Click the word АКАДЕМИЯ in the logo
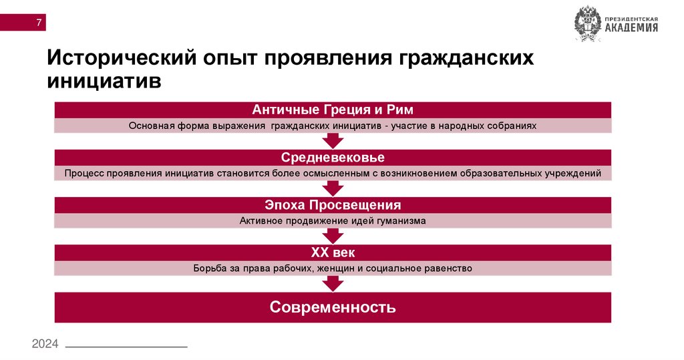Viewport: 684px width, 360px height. tap(631, 27)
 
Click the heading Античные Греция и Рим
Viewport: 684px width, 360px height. tap(332, 110)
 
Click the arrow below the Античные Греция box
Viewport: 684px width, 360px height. tap(333, 140)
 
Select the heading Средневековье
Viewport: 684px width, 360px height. tap(333, 157)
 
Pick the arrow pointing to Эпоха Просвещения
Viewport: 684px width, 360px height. tap(333, 188)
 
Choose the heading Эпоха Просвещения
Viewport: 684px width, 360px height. tap(333, 204)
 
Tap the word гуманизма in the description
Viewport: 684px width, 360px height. tap(399, 220)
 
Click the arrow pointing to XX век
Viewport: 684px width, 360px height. tap(333, 236)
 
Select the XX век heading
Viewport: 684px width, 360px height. tap(333, 252)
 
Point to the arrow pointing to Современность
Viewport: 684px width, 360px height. tap(333, 283)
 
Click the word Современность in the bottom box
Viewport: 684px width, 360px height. tap(333, 307)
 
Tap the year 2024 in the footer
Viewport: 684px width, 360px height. tap(45, 343)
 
